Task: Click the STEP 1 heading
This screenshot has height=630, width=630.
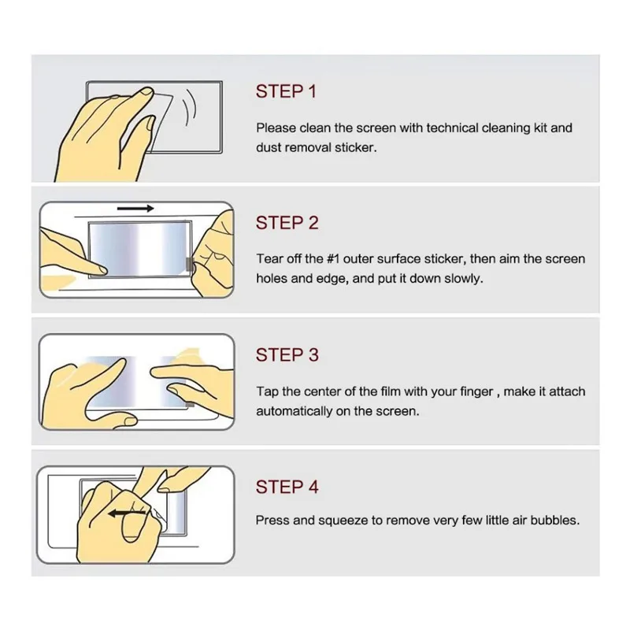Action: [286, 91]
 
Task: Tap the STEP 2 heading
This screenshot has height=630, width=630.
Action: [287, 223]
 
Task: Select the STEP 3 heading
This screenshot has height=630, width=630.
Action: [287, 355]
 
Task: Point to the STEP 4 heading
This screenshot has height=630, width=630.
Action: [287, 487]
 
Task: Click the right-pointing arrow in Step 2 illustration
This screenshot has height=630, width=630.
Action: [135, 208]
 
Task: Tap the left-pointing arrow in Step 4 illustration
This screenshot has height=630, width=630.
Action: [127, 513]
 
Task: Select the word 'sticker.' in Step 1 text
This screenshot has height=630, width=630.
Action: [356, 147]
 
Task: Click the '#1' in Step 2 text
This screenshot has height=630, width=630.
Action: [333, 259]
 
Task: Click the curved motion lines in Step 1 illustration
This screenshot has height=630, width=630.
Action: [190, 107]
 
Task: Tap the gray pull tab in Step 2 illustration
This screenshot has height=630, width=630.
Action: [190, 264]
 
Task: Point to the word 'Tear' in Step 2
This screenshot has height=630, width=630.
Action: [267, 259]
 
